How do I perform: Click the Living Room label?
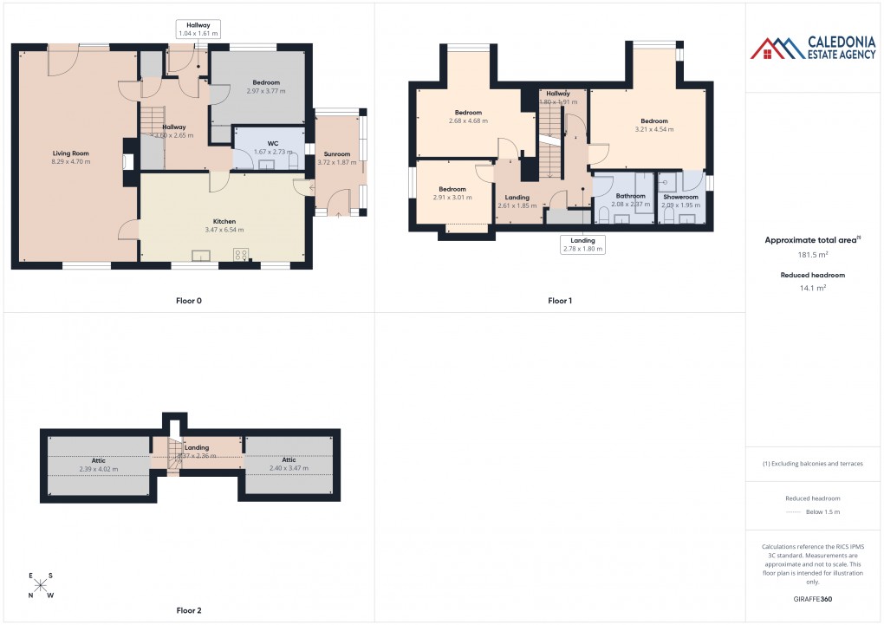[71, 153]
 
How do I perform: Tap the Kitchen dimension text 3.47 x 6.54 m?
[224, 231]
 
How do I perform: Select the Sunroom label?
[336, 153]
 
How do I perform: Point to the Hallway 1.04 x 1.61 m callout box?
[198, 29]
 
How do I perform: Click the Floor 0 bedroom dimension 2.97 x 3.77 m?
[265, 91]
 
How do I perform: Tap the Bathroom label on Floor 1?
[630, 196]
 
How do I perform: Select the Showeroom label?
[680, 197]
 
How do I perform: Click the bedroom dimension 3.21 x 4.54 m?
[653, 129]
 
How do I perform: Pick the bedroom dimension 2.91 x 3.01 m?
[452, 198]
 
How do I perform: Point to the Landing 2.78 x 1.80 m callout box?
[582, 244]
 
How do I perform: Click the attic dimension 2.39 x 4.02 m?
[98, 469]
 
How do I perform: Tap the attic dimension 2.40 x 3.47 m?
[289, 469]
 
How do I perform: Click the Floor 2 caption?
[188, 610]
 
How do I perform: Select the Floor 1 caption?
[560, 301]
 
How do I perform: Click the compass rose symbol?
[40, 585]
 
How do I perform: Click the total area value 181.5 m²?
[812, 255]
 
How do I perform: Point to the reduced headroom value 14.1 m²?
[812, 288]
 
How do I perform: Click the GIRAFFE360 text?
[812, 598]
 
